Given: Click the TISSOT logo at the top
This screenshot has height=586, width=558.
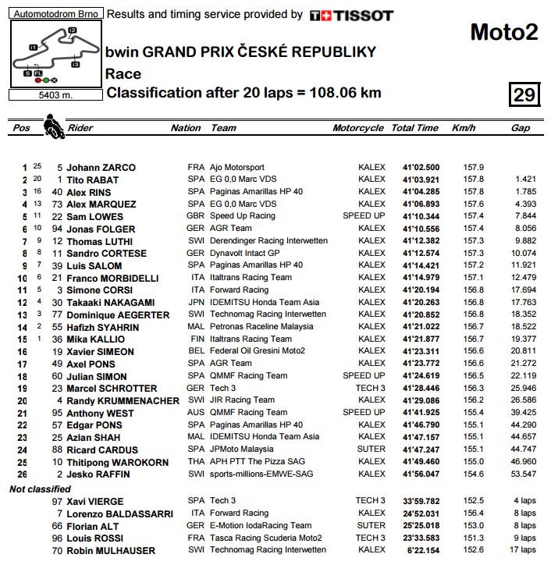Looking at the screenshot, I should pyautogui.click(x=351, y=15).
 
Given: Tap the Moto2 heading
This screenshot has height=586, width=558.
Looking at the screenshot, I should pyautogui.click(x=503, y=32).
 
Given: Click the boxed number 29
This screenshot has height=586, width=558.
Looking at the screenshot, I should pyautogui.click(x=524, y=95).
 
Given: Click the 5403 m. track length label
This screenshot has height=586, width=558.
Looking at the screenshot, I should pyautogui.click(x=54, y=95).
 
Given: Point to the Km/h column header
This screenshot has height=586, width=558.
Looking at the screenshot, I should pyautogui.click(x=464, y=128).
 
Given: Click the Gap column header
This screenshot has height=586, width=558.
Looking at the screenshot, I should pyautogui.click(x=520, y=128).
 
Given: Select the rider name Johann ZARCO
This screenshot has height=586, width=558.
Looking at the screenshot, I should pyautogui.click(x=101, y=167).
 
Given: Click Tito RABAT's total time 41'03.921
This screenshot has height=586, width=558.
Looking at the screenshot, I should pyautogui.click(x=421, y=179).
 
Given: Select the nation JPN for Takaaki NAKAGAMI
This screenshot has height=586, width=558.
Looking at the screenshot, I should pyautogui.click(x=196, y=303).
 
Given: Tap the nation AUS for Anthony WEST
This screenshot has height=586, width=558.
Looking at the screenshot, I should pyautogui.click(x=196, y=413).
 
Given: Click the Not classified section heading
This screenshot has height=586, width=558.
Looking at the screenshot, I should pyautogui.click(x=39, y=488).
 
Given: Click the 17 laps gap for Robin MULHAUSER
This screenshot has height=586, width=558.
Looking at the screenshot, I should pyautogui.click(x=524, y=550).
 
